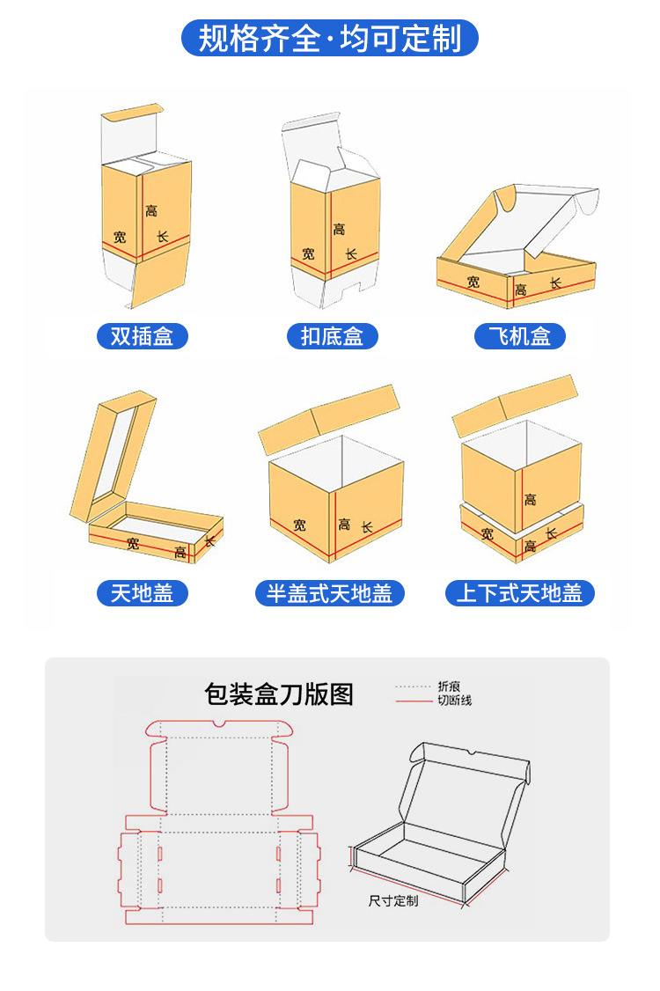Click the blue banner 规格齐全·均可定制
[329, 39]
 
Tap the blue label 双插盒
[142, 336]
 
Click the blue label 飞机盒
[519, 336]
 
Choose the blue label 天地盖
[142, 593]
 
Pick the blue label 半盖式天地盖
[330, 593]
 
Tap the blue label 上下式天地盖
[519, 593]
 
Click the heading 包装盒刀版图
[279, 694]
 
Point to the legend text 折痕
[449, 686]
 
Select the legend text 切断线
[455, 701]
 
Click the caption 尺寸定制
[393, 901]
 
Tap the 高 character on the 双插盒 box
[151, 211]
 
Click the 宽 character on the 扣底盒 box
[308, 253]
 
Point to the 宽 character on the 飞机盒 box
[473, 282]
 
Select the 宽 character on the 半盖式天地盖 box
[300, 525]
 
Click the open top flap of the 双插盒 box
[132, 114]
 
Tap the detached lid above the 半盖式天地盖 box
[330, 416]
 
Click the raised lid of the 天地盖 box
[114, 453]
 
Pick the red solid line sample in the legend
[414, 701]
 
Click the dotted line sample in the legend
[414, 686]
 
